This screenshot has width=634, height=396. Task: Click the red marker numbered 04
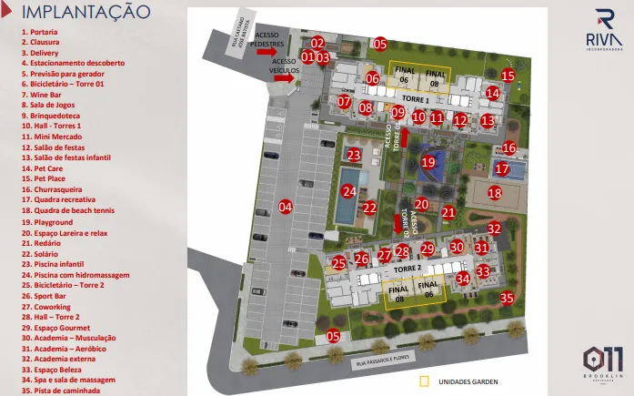pyautogui.click(x=286, y=207)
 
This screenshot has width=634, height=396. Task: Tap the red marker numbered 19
pyautogui.click(x=428, y=163)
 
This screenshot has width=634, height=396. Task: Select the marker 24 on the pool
pyautogui.click(x=349, y=191)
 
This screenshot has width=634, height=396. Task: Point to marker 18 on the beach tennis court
pyautogui.click(x=494, y=192)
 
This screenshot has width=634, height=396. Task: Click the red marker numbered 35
pyautogui.click(x=508, y=297)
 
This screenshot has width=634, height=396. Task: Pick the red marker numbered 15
pyautogui.click(x=508, y=76)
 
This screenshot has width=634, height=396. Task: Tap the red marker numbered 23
pyautogui.click(x=354, y=155)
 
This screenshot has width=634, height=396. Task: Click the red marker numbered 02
pyautogui.click(x=317, y=43)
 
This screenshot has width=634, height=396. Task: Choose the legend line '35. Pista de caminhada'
pyautogui.click(x=62, y=391)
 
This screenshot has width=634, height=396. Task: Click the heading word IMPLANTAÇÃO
pyautogui.click(x=86, y=12)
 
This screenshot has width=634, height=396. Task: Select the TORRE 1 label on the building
pyautogui.click(x=415, y=98)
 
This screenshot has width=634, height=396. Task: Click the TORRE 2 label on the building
pyautogui.click(x=407, y=270)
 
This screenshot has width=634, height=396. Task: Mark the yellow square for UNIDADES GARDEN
pyautogui.click(x=422, y=381)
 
